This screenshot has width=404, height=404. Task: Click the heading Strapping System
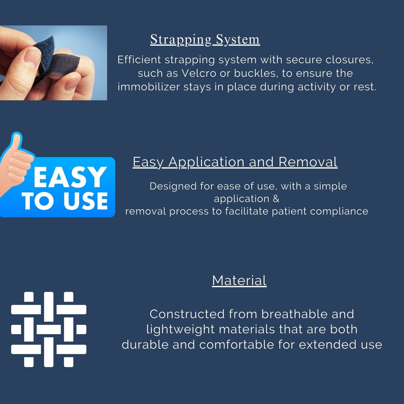tap(205, 40)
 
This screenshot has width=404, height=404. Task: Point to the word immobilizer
tap(149, 87)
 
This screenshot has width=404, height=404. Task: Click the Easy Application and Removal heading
tap(235, 162)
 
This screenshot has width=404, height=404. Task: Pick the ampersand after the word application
tap(276, 199)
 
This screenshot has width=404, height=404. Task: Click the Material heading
tap(239, 281)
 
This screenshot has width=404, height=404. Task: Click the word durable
tap(145, 345)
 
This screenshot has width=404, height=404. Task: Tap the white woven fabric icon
tap(49, 330)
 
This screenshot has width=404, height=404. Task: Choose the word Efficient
tap(139, 60)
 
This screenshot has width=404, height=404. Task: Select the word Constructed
tap(187, 314)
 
